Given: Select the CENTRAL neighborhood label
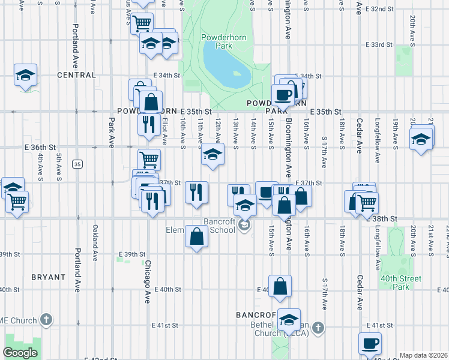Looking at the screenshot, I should pos(76,75).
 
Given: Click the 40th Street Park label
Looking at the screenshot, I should pos(401,283).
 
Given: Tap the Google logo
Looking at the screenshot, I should pos(20,353).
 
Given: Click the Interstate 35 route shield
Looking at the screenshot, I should pos(77,164).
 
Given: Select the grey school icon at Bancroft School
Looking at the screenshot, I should pos(244,226).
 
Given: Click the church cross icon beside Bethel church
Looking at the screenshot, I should pos(318,328).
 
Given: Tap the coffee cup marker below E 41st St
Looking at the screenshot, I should pos(370,343).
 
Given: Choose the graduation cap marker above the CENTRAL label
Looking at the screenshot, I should pos(26,75).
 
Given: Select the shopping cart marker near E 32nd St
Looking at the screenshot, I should pos(142,23).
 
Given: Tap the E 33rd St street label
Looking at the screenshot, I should pos(379,45).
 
